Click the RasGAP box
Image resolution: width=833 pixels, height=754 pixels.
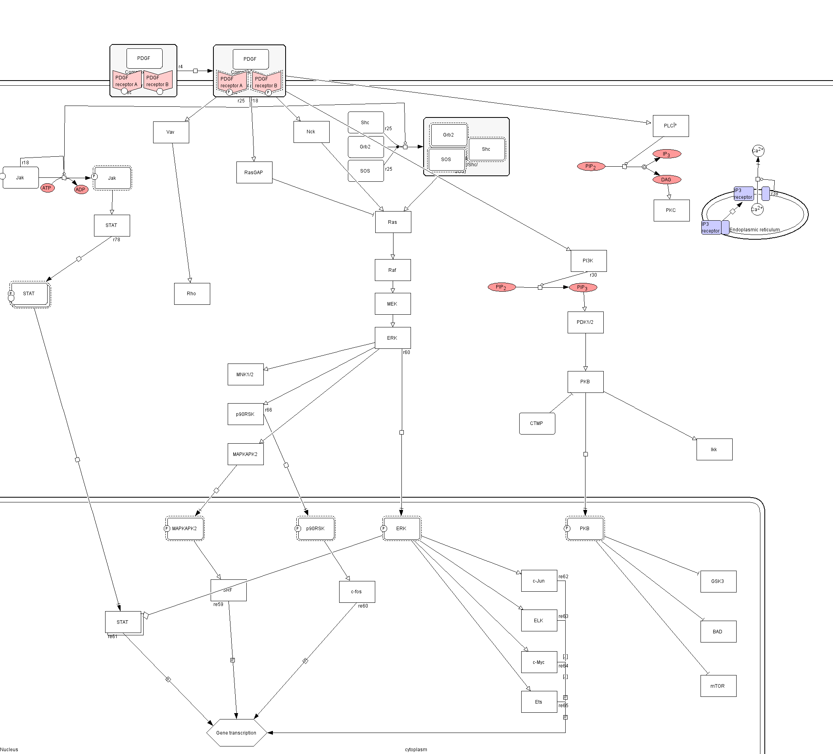coord(254,172)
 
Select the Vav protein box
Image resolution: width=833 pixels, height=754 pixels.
coord(171,132)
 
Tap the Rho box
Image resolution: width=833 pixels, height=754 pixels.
coord(192,294)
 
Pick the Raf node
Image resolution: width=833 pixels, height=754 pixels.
coord(393,270)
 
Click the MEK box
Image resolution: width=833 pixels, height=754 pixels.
coord(393,304)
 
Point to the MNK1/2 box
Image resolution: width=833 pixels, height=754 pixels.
coord(246,375)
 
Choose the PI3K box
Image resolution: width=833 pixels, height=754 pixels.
coord(588,261)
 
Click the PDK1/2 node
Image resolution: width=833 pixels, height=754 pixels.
coord(585,322)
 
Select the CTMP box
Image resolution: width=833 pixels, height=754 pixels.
coord(537,423)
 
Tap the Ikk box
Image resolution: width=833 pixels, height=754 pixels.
coord(714,450)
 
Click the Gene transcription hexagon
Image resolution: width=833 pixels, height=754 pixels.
coord(236,733)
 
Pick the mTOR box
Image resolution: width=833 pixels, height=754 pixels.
coord(718,686)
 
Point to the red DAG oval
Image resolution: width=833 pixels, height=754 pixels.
coord(666,180)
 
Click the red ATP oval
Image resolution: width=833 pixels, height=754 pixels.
coord(47,188)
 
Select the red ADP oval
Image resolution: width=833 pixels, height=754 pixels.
coord(81,190)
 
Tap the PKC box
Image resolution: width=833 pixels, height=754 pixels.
coord(671,210)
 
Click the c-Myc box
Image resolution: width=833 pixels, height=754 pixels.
coord(539,662)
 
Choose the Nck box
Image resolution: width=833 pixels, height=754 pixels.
coord(311,132)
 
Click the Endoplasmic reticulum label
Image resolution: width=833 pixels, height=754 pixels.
coord(754,230)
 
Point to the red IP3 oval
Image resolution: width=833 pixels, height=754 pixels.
coord(666,154)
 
